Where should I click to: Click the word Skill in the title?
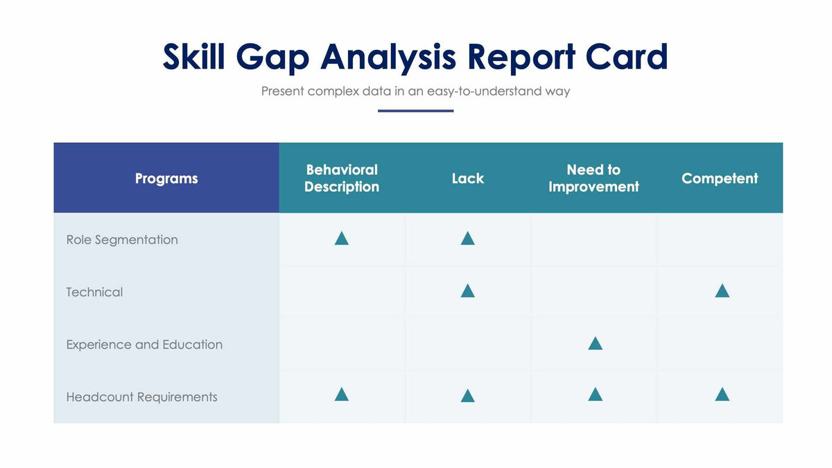click(193, 57)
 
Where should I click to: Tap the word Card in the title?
click(626, 57)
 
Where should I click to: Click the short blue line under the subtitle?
click(415, 110)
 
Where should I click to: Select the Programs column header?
click(166, 178)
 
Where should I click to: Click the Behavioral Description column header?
click(342, 178)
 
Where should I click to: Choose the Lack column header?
click(467, 178)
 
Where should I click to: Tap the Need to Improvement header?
click(593, 178)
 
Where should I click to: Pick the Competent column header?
click(720, 178)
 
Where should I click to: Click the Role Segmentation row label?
click(122, 240)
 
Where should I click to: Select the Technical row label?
click(94, 292)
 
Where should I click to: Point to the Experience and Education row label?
click(144, 345)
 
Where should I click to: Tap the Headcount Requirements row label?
click(141, 397)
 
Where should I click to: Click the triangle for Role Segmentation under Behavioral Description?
click(341, 239)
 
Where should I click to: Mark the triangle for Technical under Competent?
click(722, 291)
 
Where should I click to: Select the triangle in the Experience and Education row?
click(595, 344)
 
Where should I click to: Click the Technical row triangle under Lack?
click(467, 291)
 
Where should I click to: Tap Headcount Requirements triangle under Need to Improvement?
click(595, 395)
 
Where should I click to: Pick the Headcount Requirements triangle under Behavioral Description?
click(341, 395)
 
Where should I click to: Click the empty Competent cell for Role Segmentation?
click(720, 239)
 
